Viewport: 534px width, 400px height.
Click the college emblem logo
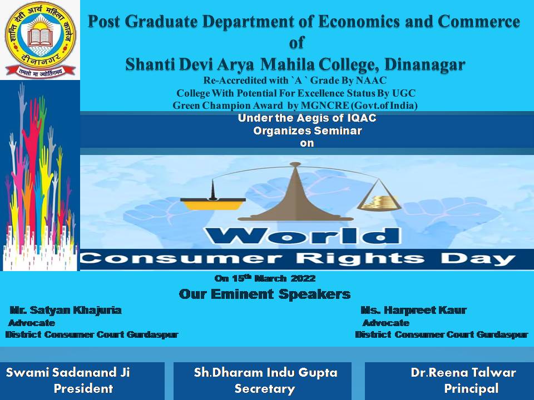coord(40,39)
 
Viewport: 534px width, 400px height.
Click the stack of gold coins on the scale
coord(379,202)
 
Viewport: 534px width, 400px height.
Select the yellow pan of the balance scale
coord(212,204)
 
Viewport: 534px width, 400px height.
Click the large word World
coord(302,236)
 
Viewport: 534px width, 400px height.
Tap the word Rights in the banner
coord(360,259)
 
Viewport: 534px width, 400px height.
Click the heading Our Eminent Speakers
coord(265,294)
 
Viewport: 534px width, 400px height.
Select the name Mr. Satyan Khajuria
coord(66,310)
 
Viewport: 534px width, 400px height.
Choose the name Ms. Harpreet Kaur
coord(413,310)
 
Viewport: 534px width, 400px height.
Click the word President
coord(83,388)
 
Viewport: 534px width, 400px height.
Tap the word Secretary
coord(265,388)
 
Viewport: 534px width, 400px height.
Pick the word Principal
coord(471,388)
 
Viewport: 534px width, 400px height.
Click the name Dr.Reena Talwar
coord(463,372)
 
